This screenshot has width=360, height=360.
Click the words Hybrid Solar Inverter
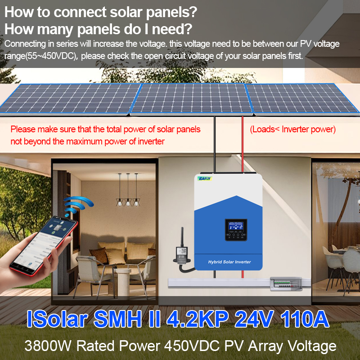[229, 262]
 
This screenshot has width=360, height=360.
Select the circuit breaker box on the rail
[281, 283]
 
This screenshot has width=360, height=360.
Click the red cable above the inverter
[243, 144]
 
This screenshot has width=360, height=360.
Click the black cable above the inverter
[215, 144]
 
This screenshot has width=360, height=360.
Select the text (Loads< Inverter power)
[293, 130]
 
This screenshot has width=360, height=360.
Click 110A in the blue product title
[304, 319]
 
